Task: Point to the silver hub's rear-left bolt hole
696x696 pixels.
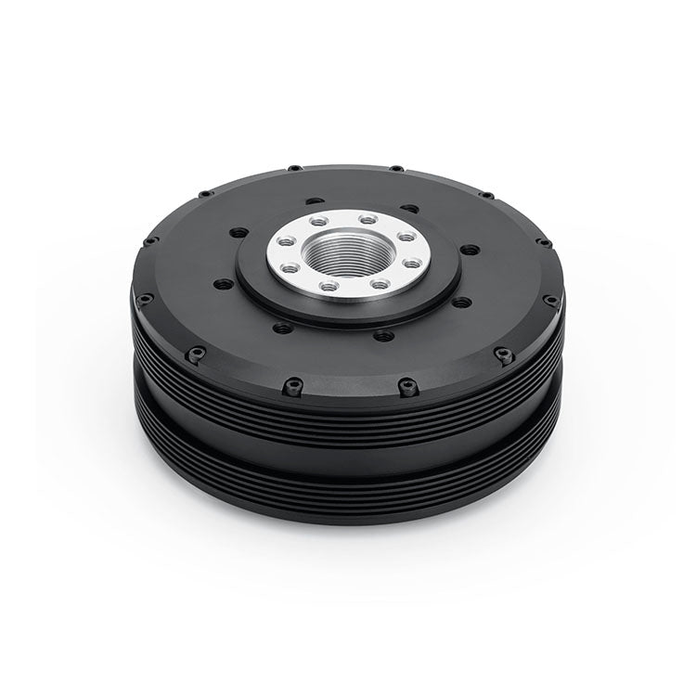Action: [x=318, y=222]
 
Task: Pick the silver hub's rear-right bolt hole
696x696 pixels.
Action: [x=369, y=220]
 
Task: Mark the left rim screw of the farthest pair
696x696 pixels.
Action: [x=294, y=168]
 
